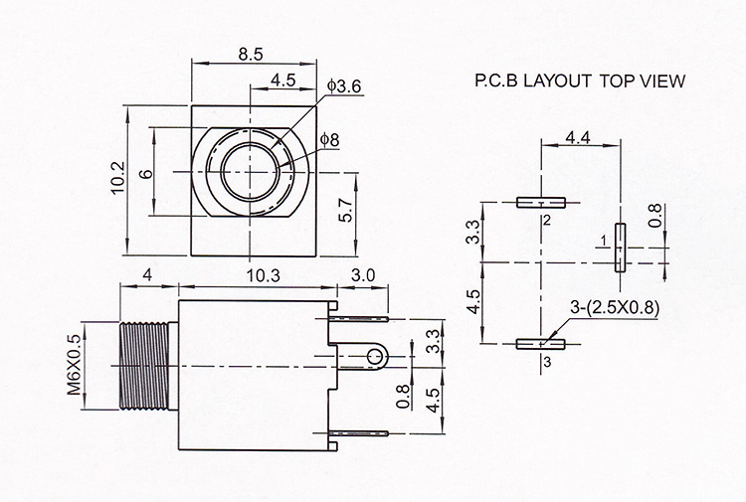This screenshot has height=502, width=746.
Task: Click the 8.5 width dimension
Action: pos(251,55)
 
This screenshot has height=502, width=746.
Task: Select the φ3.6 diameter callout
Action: pos(344,86)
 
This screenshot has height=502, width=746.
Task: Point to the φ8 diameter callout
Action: pos(329,140)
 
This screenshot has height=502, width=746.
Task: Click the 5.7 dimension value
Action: pos(346,209)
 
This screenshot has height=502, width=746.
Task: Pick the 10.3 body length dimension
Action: pos(264,275)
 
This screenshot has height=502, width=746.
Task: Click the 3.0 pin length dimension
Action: pos(363,275)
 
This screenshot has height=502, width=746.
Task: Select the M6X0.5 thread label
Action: pos(74,364)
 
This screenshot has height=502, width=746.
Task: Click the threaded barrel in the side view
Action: pos(143,366)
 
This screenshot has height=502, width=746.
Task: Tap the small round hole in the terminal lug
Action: pos(375,357)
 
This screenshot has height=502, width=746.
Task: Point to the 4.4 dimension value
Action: pos(578,138)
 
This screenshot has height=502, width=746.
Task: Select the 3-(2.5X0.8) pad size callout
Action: pos(615,308)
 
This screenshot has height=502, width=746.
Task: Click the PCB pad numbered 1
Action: pos(620,248)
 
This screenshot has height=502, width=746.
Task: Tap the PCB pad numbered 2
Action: pos(541,203)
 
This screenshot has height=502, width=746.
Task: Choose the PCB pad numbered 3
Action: pos(541,344)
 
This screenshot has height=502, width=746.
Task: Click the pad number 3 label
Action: pos(547,362)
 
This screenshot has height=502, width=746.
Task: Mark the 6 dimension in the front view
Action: pos(148,172)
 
